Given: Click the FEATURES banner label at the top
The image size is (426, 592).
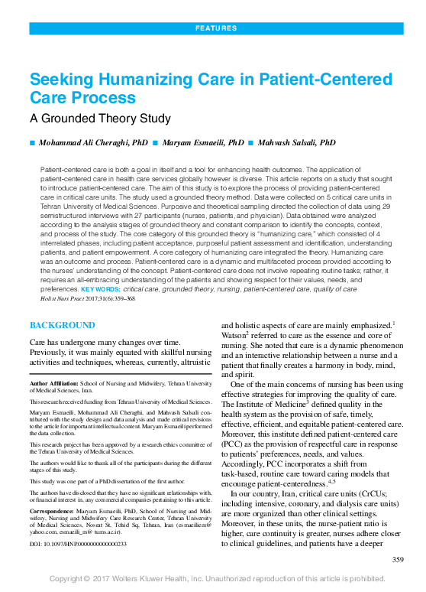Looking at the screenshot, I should pos(216,28).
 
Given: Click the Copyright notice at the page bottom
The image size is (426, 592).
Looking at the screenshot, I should pos(217,579).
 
